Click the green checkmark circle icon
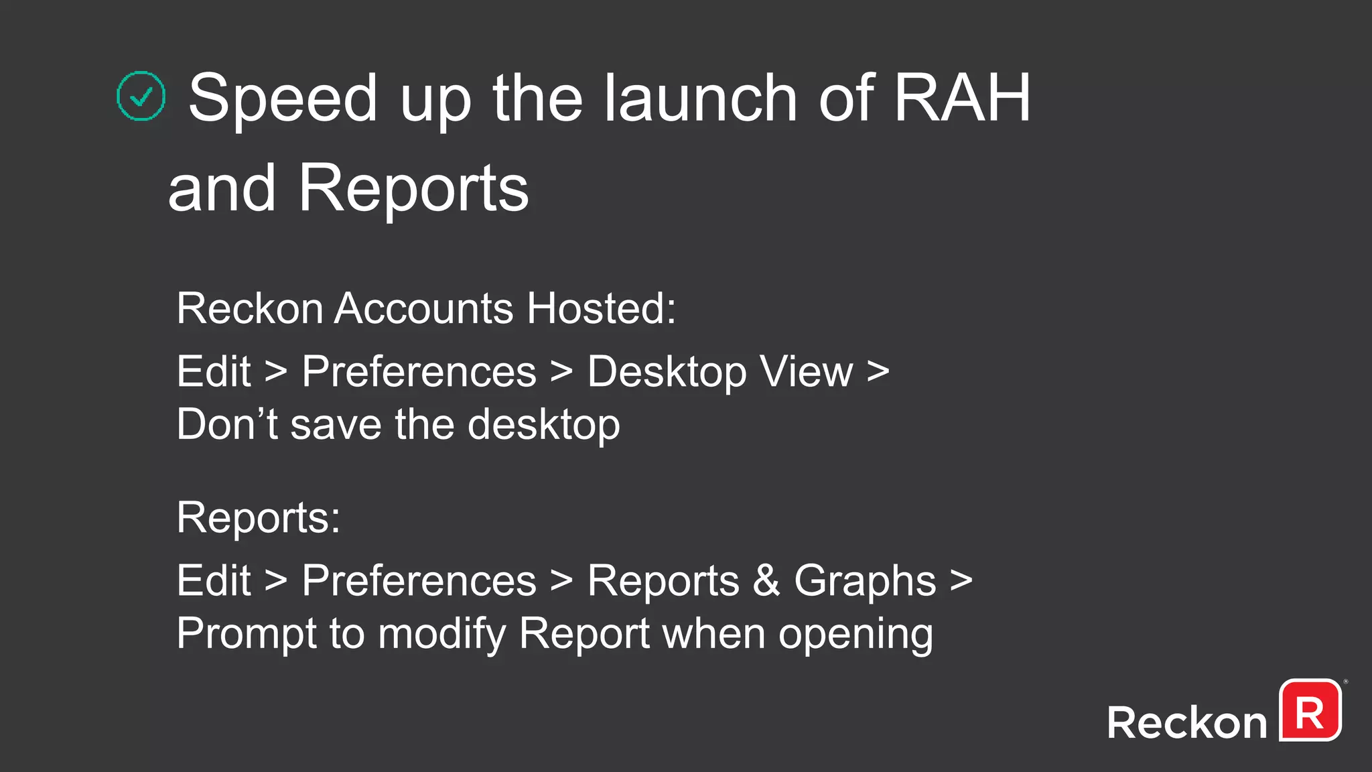(141, 96)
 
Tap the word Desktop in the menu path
(667, 372)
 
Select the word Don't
(227, 424)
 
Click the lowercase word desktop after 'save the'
(543, 426)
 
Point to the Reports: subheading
(259, 517)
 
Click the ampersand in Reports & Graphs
(766, 580)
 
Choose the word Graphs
(865, 581)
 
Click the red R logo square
(1310, 710)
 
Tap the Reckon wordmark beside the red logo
(1186, 723)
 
